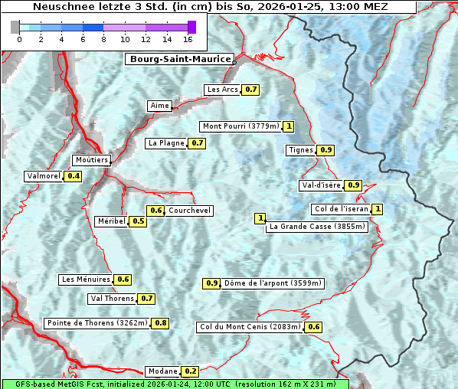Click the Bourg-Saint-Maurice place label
coord(179,59)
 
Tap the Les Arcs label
coord(223,90)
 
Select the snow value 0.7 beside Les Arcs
coord(250,90)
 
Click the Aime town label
coord(159,106)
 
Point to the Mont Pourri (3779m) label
coord(240,126)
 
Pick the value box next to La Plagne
coord(198,143)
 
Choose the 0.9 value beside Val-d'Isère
coord(353,185)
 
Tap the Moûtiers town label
coord(92,160)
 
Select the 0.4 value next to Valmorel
coord(74,176)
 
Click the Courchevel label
coord(189,211)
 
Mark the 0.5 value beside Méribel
coord(138,221)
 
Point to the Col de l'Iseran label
coord(342,209)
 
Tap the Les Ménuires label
coord(86,279)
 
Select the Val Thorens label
coord(112,299)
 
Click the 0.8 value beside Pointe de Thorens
coord(160,323)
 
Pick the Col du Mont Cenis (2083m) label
coord(250,327)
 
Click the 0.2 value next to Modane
coord(191,371)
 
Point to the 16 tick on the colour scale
coord(188,39)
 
